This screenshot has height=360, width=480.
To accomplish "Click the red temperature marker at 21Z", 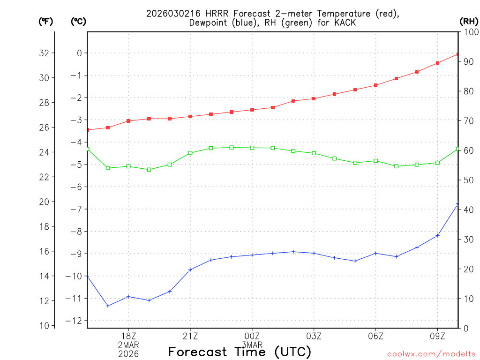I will coord(190,116).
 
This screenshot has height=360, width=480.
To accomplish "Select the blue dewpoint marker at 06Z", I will coord(375,253).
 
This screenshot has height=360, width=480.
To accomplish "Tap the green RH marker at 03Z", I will coord(314,153).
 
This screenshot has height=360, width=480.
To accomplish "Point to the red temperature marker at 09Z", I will coord(437,63).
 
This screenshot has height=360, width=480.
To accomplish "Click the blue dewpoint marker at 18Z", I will coord(128,296).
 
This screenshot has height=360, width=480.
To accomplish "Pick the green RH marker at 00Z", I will coord(252,148).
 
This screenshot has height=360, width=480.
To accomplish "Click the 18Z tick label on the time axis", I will coord(128,336).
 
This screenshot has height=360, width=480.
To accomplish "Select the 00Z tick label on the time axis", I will coord(252,336).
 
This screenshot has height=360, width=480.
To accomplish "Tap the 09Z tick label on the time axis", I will coord(437,336).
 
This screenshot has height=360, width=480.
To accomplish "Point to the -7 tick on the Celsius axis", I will coord(76,209).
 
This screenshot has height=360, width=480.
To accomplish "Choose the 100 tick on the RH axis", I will coord(469,32).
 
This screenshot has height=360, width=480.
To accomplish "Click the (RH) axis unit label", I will coord(468,21).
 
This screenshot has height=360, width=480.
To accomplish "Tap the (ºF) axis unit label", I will coord(45,21).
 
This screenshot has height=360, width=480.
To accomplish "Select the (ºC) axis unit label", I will coord(78,21).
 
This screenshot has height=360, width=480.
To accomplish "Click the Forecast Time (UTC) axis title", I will coord(240,352).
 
